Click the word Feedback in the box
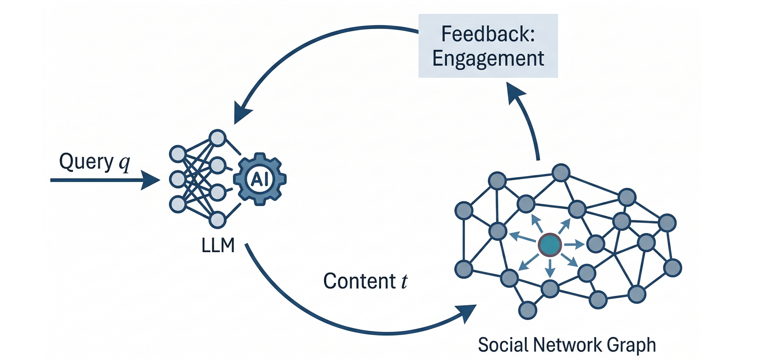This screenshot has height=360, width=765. tap(487, 34)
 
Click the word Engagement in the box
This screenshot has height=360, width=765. tap(488, 59)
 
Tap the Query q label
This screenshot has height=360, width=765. tap(94, 162)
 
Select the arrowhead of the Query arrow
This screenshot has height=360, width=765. tap(151, 180)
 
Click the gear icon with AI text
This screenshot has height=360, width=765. tap(260, 179)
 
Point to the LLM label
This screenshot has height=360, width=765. tap(218, 246)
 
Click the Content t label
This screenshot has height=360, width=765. tap(365, 281)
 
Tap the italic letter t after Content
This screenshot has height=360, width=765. tap(404, 281)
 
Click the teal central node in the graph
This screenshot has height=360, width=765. tap(550, 245)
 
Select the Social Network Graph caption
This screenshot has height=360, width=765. tap(567, 345)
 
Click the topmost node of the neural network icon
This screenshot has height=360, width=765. tap(217, 138)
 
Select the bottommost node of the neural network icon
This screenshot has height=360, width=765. tap(217, 219)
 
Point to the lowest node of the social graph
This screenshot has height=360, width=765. tap(528, 310)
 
